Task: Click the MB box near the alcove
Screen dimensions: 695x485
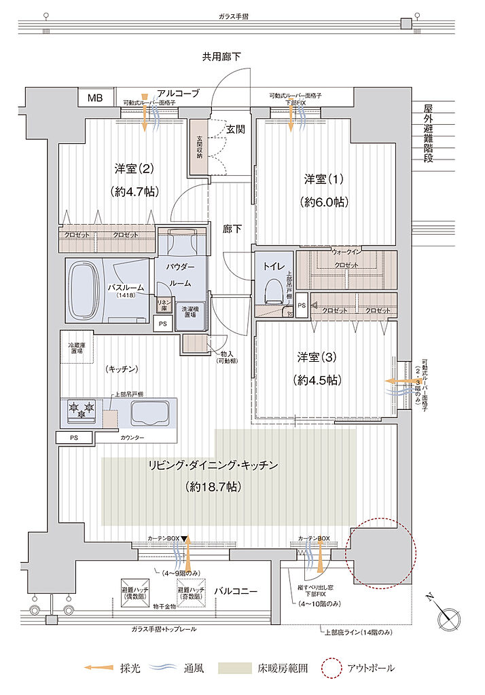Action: [94, 98]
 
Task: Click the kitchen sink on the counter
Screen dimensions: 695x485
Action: [147, 411]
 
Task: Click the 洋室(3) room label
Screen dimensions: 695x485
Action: [316, 356]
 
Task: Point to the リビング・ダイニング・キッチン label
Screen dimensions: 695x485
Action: [213, 466]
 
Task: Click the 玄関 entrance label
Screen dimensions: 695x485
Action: [235, 128]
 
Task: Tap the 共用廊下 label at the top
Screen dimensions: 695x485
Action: [221, 58]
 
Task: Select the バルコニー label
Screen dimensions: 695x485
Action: [236, 591]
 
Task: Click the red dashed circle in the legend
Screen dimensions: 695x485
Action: [331, 669]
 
